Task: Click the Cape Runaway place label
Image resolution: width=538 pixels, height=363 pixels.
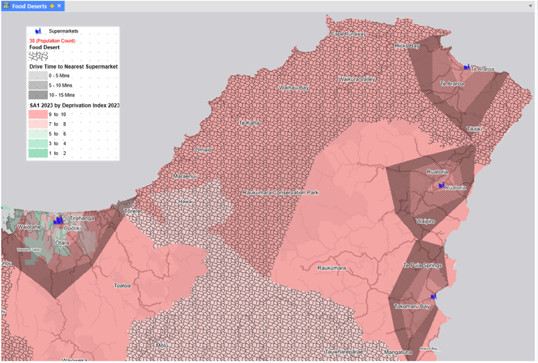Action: tap(347, 33)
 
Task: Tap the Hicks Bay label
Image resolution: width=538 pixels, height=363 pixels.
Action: tap(407, 46)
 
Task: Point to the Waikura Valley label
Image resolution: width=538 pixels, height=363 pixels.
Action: tap(357, 80)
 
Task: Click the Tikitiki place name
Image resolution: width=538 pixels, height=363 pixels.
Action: tap(474, 129)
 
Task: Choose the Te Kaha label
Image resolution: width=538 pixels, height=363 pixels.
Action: tap(249, 123)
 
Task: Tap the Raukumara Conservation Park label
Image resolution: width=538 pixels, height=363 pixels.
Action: tap(280, 192)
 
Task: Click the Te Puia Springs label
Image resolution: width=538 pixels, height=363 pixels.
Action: tap(422, 266)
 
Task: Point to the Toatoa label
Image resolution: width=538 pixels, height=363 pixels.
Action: tap(124, 285)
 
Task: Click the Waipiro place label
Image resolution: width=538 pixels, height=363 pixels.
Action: tap(425, 221)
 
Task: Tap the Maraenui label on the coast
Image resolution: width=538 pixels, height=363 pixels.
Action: tap(185, 176)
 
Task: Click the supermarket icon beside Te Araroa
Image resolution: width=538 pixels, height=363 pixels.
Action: tap(466, 67)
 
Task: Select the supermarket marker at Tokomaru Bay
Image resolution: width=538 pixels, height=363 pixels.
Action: tap(433, 297)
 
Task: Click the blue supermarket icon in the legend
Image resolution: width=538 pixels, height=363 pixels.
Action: tap(39, 31)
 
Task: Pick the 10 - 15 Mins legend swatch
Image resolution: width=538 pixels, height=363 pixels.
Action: tap(38, 94)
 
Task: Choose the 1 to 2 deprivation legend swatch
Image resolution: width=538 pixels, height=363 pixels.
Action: tap(38, 153)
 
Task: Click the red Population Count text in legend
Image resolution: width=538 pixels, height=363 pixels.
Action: tap(52, 41)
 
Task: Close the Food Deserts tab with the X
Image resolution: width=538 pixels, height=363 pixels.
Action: tap(60, 6)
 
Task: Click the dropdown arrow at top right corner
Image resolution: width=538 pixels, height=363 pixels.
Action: tap(530, 6)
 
